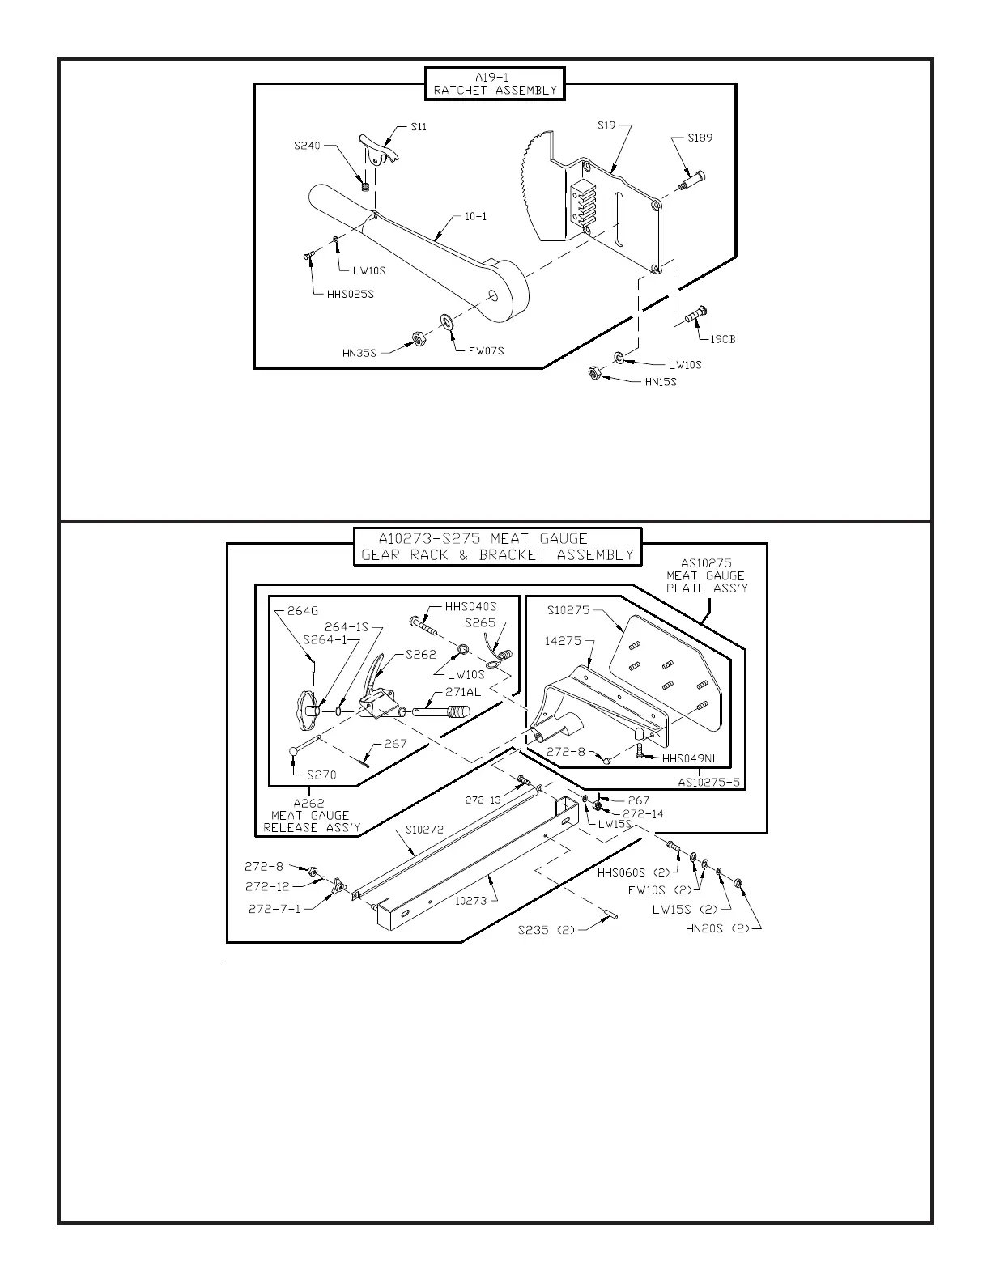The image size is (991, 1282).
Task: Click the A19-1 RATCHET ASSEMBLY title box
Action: pos(495,84)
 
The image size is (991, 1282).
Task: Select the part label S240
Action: pos(307,146)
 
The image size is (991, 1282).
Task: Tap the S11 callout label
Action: pos(419,126)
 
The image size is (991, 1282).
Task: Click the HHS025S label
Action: pos(351,294)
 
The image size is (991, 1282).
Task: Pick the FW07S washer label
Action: pos(486,350)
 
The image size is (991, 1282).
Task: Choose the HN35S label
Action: pos(359,353)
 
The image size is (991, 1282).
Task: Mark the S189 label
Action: pos(700,138)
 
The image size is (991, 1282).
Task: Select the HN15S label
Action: pos(661,382)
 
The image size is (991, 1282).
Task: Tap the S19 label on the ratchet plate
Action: pos(606,125)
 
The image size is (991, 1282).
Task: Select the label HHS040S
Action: pos(470,606)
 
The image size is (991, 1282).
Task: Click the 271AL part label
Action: pos(462,691)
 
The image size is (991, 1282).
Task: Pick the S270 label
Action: pos(321,775)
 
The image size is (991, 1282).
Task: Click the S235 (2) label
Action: pos(547,930)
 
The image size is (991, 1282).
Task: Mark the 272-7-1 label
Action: pos(274,909)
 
